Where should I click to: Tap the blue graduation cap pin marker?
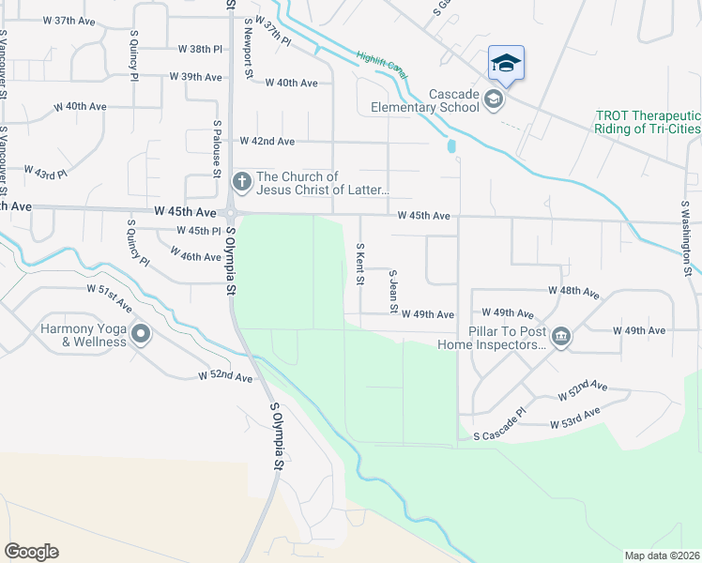click(506, 64)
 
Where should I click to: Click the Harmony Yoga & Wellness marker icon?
click(141, 334)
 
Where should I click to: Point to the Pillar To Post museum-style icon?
click(560, 337)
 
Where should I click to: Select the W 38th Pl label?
click(200, 48)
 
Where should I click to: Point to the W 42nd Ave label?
click(267, 141)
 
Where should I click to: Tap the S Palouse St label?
click(216, 148)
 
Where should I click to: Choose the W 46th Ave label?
click(195, 255)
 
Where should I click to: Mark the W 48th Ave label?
click(574, 293)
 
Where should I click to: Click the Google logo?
click(31, 552)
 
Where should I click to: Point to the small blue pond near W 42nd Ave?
click(451, 146)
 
